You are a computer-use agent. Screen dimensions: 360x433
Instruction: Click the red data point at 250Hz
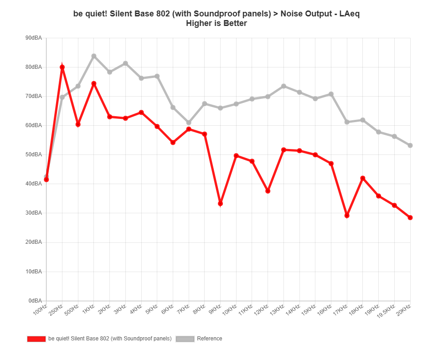point(62,67)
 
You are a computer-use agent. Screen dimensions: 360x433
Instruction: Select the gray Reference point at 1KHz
point(94,56)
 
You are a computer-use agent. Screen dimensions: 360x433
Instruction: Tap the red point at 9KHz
point(220,203)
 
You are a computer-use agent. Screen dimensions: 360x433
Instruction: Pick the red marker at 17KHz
point(347,215)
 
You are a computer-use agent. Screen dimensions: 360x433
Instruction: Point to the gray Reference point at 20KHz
point(410,145)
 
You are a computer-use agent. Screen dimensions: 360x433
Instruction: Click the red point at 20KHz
point(410,218)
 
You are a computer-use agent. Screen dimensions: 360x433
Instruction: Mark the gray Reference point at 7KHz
point(189,123)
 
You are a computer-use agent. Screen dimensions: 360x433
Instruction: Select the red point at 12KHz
point(268,191)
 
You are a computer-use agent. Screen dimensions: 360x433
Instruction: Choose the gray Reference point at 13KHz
point(284,86)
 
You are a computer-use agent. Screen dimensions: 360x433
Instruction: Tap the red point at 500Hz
point(78,124)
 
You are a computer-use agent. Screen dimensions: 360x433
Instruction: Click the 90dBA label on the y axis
point(34,38)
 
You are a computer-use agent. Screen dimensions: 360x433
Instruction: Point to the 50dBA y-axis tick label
point(34,154)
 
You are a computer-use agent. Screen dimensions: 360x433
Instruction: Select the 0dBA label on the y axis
point(35,301)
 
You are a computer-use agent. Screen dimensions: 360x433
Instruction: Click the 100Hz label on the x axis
point(40,310)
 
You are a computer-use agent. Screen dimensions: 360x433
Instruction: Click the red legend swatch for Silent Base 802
point(36,339)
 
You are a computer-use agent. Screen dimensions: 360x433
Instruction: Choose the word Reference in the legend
point(210,339)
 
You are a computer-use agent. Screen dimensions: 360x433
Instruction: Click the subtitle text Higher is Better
point(216,23)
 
